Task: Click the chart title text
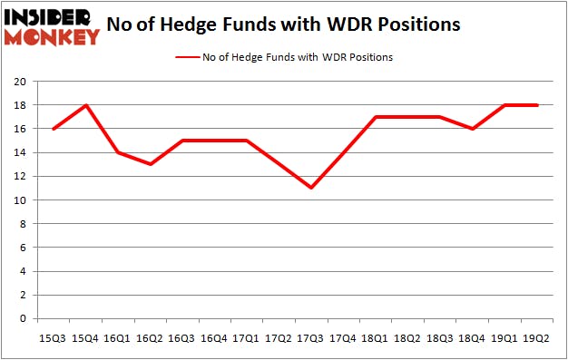point(283,24)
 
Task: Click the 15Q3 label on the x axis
point(52,337)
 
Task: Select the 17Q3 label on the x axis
point(310,337)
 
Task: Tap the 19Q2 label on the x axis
point(536,337)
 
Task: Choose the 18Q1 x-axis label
point(376,337)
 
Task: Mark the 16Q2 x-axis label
point(149,337)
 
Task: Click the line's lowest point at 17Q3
point(310,188)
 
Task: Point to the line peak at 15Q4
point(84,105)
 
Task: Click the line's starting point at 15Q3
point(52,129)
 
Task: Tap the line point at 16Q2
point(149,164)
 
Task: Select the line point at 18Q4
point(472,129)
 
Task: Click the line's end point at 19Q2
point(536,105)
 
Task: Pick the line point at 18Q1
point(376,117)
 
